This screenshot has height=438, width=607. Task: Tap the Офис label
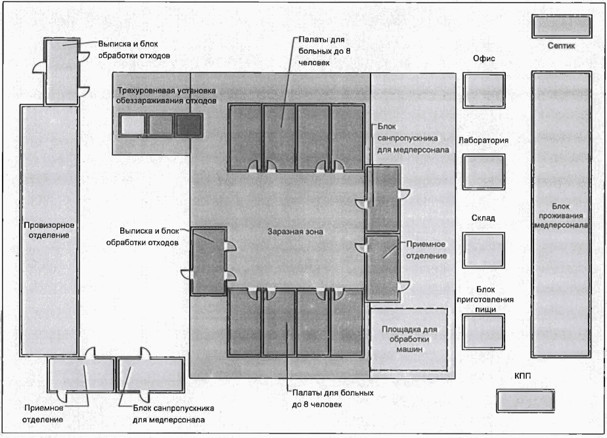[x=483, y=59]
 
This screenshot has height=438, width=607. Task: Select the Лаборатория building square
[x=483, y=171]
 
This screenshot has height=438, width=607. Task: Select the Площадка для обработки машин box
[x=411, y=339]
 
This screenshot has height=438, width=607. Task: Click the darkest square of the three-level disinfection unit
[x=188, y=124]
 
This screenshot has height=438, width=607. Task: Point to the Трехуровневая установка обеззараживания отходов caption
[x=166, y=95]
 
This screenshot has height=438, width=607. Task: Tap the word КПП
[x=524, y=375]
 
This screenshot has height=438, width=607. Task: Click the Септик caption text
[x=562, y=47]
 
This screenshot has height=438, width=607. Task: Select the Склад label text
[x=483, y=218]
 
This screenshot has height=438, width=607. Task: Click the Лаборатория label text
[x=483, y=140]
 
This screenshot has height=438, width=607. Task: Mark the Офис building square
[x=483, y=90]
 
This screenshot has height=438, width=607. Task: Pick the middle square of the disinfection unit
[x=161, y=124]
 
